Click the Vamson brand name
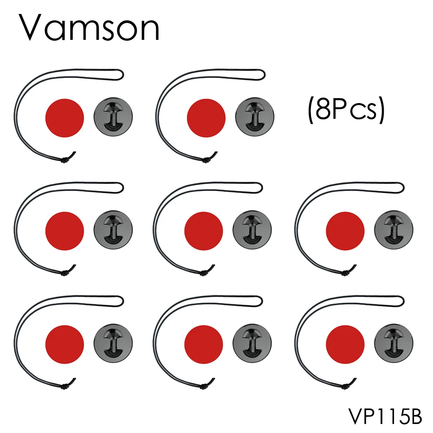[89, 29]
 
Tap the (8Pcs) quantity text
[346, 110]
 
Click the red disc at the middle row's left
[65, 230]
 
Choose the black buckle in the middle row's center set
[252, 230]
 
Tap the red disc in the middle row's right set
[345, 230]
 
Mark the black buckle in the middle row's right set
[394, 230]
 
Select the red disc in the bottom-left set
[65, 344]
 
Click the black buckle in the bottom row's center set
[252, 344]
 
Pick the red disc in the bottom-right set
[345, 344]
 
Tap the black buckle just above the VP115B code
[394, 344]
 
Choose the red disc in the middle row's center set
[204, 230]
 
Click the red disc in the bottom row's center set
[204, 344]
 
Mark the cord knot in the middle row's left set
[65, 273]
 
